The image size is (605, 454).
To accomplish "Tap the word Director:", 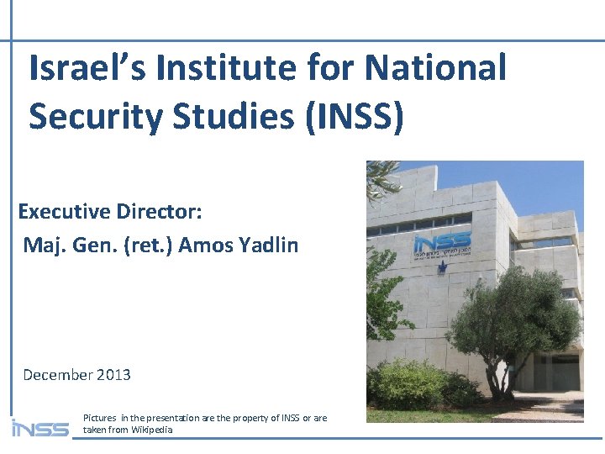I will (160, 211).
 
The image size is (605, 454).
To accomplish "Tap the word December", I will (57, 375).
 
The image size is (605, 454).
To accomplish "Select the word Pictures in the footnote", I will (100, 418).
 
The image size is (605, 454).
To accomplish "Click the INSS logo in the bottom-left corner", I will (39, 428).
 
